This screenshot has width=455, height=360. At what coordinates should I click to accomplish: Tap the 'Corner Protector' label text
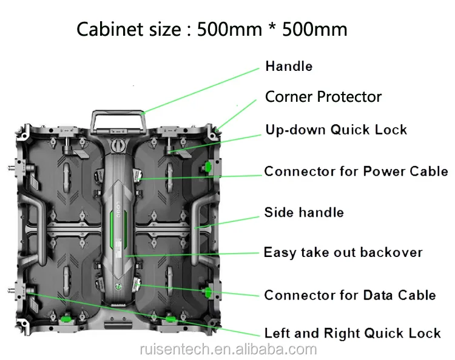coord(323,97)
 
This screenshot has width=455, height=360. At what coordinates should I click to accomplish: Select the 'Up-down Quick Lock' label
coord(336,130)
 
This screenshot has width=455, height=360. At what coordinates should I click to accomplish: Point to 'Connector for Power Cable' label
coord(356,172)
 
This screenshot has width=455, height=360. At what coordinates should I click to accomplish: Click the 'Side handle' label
coord(304,212)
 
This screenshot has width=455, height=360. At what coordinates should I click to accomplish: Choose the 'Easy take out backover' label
coord(343,252)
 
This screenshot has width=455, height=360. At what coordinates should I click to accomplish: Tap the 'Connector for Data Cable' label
coord(350,295)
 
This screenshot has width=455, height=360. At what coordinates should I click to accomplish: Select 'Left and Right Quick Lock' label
coord(352,333)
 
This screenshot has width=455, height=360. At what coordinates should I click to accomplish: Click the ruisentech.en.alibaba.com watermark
coord(227,350)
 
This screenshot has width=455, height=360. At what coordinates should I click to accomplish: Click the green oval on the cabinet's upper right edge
coord(209,166)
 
